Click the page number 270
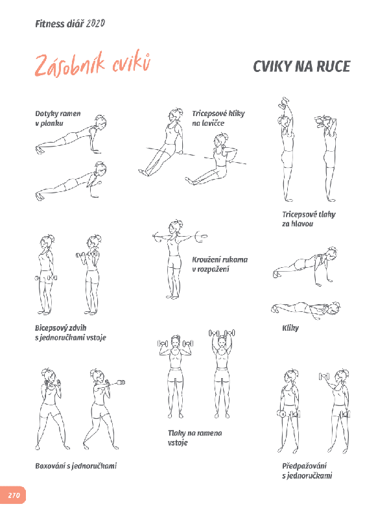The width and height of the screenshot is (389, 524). (x=14, y=495)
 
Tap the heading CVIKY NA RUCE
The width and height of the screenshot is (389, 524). (x=301, y=67)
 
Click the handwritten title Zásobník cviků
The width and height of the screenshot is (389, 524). (x=93, y=64)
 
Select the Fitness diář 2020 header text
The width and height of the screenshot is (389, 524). (x=70, y=23)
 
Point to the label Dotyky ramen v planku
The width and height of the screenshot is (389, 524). (x=58, y=118)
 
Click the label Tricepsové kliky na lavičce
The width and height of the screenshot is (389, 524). (x=218, y=118)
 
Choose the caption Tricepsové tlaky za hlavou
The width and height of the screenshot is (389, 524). (x=309, y=219)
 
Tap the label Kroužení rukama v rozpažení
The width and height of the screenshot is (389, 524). (x=220, y=265)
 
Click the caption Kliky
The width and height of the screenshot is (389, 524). (x=290, y=328)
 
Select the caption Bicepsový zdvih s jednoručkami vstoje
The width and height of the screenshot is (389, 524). (x=71, y=333)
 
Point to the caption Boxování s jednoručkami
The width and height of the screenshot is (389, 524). (x=76, y=466)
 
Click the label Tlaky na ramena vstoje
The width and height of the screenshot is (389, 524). (x=195, y=438)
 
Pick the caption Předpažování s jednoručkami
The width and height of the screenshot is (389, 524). (x=307, y=471)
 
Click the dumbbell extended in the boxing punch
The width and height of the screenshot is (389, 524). (x=120, y=383)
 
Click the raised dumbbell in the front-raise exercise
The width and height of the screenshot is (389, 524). (x=324, y=377)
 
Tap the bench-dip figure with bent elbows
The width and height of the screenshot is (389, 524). (x=215, y=160)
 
